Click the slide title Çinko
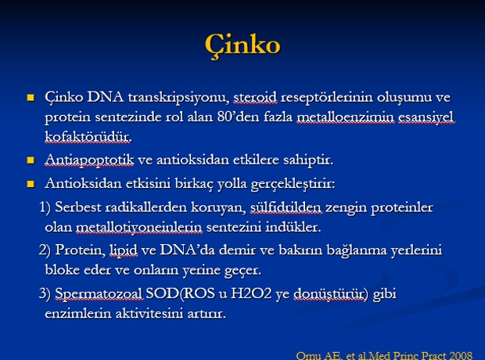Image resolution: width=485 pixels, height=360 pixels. (242, 45)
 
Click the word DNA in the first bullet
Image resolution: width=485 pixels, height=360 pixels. (105, 97)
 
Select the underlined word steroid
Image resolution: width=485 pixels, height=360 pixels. (255, 97)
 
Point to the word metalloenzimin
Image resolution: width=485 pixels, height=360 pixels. (346, 117)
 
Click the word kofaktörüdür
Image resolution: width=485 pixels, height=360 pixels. (88, 136)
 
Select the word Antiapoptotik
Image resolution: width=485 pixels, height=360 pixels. (89, 160)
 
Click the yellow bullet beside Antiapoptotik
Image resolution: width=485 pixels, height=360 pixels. (31, 160)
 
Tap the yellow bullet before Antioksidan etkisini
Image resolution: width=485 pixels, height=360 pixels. (31, 184)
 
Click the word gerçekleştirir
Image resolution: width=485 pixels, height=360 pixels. (293, 184)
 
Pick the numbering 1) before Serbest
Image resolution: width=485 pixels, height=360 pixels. (45, 207)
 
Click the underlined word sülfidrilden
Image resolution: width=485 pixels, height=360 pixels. (286, 207)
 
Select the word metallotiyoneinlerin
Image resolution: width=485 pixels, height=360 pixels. (139, 227)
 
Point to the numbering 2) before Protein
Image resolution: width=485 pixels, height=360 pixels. (45, 250)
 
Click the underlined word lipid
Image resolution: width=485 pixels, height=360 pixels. (124, 250)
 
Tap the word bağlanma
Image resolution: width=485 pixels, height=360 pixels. (357, 250)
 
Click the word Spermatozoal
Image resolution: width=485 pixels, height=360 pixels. (99, 293)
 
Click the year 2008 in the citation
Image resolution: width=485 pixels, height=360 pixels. (461, 355)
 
